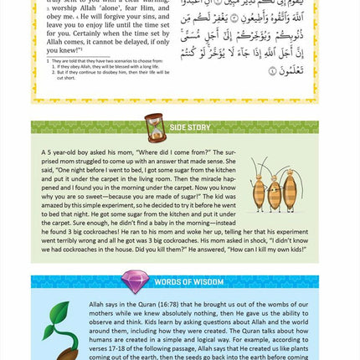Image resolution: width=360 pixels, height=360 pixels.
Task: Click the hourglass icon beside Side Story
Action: tap(155, 127)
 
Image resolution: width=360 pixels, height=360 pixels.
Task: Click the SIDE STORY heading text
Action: tap(190, 127)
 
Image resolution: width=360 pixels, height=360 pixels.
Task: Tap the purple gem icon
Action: tap(136, 281)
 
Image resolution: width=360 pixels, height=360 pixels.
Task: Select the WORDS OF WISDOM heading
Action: tap(188, 282)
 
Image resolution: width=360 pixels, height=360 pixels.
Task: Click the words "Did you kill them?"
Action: tap(175, 259)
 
